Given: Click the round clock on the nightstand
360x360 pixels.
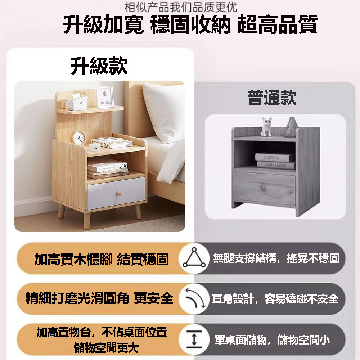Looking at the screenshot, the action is tap(78, 138).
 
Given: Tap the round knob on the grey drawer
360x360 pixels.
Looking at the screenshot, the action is tap(118, 193).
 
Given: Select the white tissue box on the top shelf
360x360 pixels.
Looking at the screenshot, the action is tap(77, 102).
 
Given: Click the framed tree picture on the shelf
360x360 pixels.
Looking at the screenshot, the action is tap(105, 97).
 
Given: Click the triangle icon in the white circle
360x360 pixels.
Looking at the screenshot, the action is tap(194, 258).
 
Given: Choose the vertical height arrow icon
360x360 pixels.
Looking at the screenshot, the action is tap(194, 339).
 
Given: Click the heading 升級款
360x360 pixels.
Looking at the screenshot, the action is tap(99, 66).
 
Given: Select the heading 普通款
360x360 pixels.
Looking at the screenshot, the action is tap(272, 98).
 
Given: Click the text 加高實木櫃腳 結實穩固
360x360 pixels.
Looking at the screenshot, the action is tap(102, 259).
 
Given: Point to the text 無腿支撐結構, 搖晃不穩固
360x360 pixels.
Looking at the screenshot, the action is tap(276, 258).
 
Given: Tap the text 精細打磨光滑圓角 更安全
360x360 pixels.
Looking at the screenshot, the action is tap(99, 298).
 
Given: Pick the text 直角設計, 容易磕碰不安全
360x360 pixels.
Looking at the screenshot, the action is tap(275, 299).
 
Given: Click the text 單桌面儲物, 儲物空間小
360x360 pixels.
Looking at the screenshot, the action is tap(273, 340).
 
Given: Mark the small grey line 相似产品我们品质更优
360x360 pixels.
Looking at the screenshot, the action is tap(181, 7).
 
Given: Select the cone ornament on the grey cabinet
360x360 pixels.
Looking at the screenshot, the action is tap(291, 127).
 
